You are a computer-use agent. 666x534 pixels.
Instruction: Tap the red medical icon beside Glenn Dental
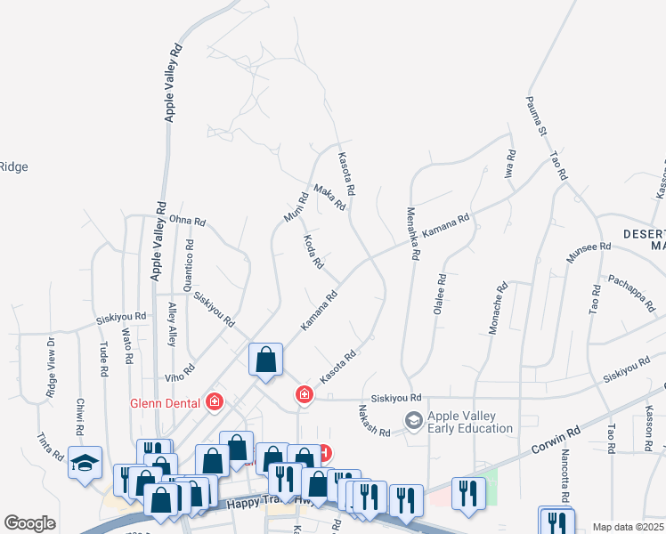[x=214, y=403]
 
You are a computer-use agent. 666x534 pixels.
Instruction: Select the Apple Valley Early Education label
[x=470, y=422]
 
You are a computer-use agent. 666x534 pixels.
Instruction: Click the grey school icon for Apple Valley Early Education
[x=413, y=419]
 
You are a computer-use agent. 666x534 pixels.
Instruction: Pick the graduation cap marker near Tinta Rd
[x=85, y=464]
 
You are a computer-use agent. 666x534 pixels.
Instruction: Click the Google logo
[x=30, y=523]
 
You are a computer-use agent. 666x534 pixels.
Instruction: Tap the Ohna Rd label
[x=187, y=221]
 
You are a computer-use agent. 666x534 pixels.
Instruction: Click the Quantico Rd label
[x=189, y=264]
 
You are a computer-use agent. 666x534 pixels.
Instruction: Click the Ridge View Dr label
[x=51, y=365]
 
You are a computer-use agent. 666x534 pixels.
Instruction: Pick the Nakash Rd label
[x=375, y=420]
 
